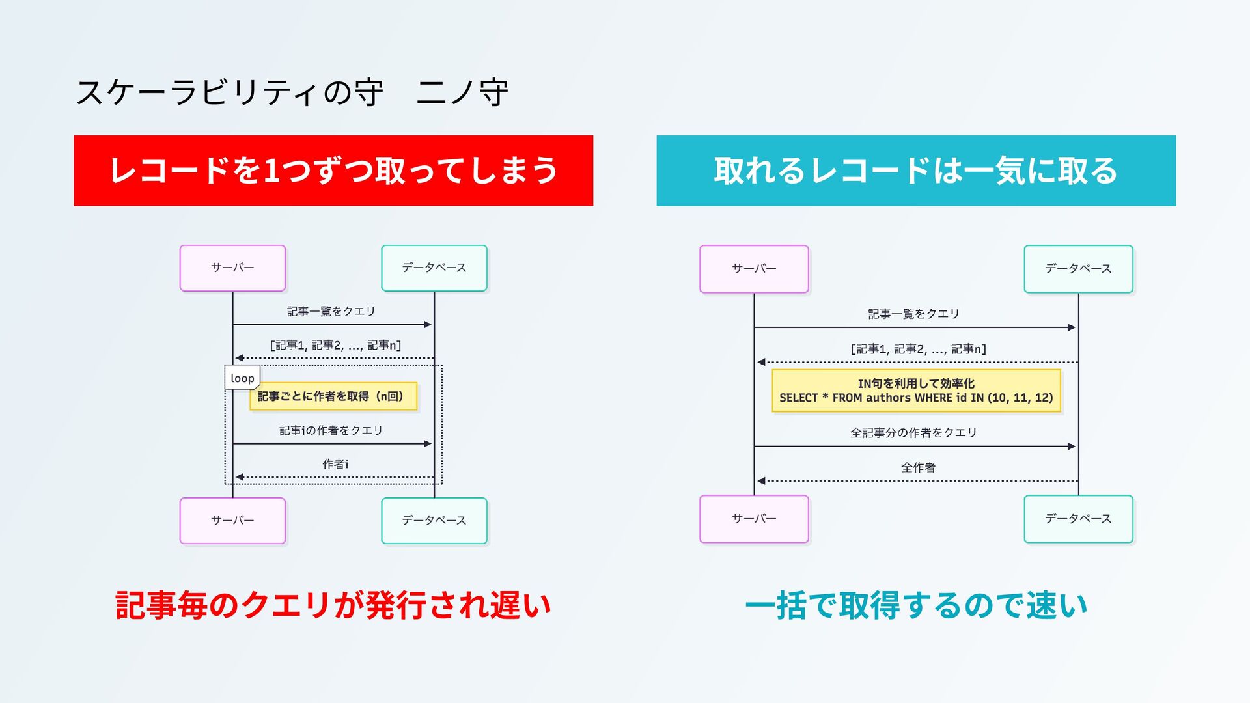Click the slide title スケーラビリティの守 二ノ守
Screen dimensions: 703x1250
(x=292, y=92)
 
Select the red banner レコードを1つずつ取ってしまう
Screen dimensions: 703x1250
(x=333, y=171)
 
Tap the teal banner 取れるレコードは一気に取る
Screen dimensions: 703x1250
(x=916, y=171)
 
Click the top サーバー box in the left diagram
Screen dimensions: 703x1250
(x=232, y=268)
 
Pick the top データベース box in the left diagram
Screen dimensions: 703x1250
(x=434, y=268)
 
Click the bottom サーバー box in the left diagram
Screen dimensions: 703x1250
(x=232, y=521)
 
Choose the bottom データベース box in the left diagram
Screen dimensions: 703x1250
(x=434, y=521)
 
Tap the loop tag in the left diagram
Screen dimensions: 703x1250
(x=242, y=378)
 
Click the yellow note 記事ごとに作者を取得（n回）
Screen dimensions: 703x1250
(x=333, y=396)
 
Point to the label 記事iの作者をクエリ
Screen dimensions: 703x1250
(x=331, y=430)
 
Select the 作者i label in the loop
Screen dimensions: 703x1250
(x=335, y=464)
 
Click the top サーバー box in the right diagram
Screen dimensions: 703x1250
(x=754, y=269)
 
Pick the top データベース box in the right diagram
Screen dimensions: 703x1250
(x=1078, y=269)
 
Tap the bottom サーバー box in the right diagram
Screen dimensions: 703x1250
(x=754, y=519)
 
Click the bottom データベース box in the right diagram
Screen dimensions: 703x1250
(x=1078, y=519)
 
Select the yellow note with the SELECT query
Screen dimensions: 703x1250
(x=916, y=391)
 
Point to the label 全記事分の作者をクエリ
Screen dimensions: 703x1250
(x=913, y=433)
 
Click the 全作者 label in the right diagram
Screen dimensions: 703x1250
(x=918, y=467)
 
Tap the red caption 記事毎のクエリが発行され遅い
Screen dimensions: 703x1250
(x=333, y=605)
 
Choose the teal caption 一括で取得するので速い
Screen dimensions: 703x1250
(x=916, y=605)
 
